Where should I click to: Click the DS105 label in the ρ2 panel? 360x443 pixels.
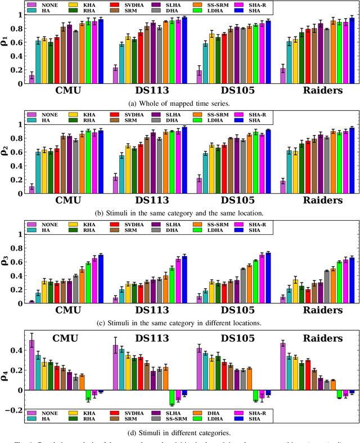[233, 200]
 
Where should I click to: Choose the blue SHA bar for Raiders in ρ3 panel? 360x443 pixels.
[352, 280]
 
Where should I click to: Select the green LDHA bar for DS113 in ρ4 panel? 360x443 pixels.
[172, 397]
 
